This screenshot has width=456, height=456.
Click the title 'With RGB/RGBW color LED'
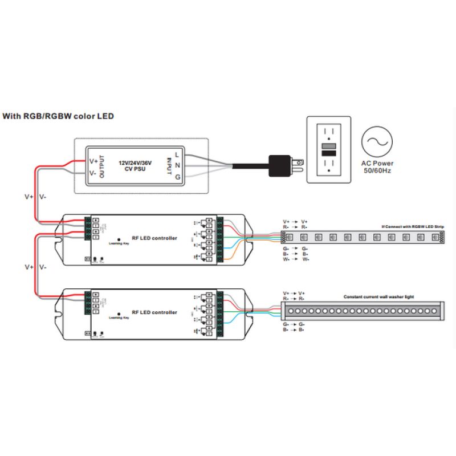pyautogui.click(x=58, y=117)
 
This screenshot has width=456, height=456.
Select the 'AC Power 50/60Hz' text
pyautogui.click(x=377, y=166)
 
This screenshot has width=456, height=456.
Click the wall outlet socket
pyautogui.click(x=329, y=149)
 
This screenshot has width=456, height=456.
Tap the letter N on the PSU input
pyautogui.click(x=177, y=165)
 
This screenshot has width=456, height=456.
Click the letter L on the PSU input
pyautogui.click(x=177, y=154)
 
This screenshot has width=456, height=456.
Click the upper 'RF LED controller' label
pyautogui.click(x=154, y=238)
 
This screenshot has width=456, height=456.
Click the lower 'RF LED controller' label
pyautogui.click(x=154, y=312)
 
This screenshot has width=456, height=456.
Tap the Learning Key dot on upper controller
pyautogui.click(x=118, y=239)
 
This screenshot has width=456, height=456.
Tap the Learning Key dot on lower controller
pyautogui.click(x=118, y=314)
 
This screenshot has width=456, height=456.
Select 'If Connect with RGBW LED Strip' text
pyautogui.click(x=413, y=227)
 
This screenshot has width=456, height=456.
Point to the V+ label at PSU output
pyautogui.click(x=93, y=161)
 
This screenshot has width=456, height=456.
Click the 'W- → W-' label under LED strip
pyautogui.click(x=296, y=259)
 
